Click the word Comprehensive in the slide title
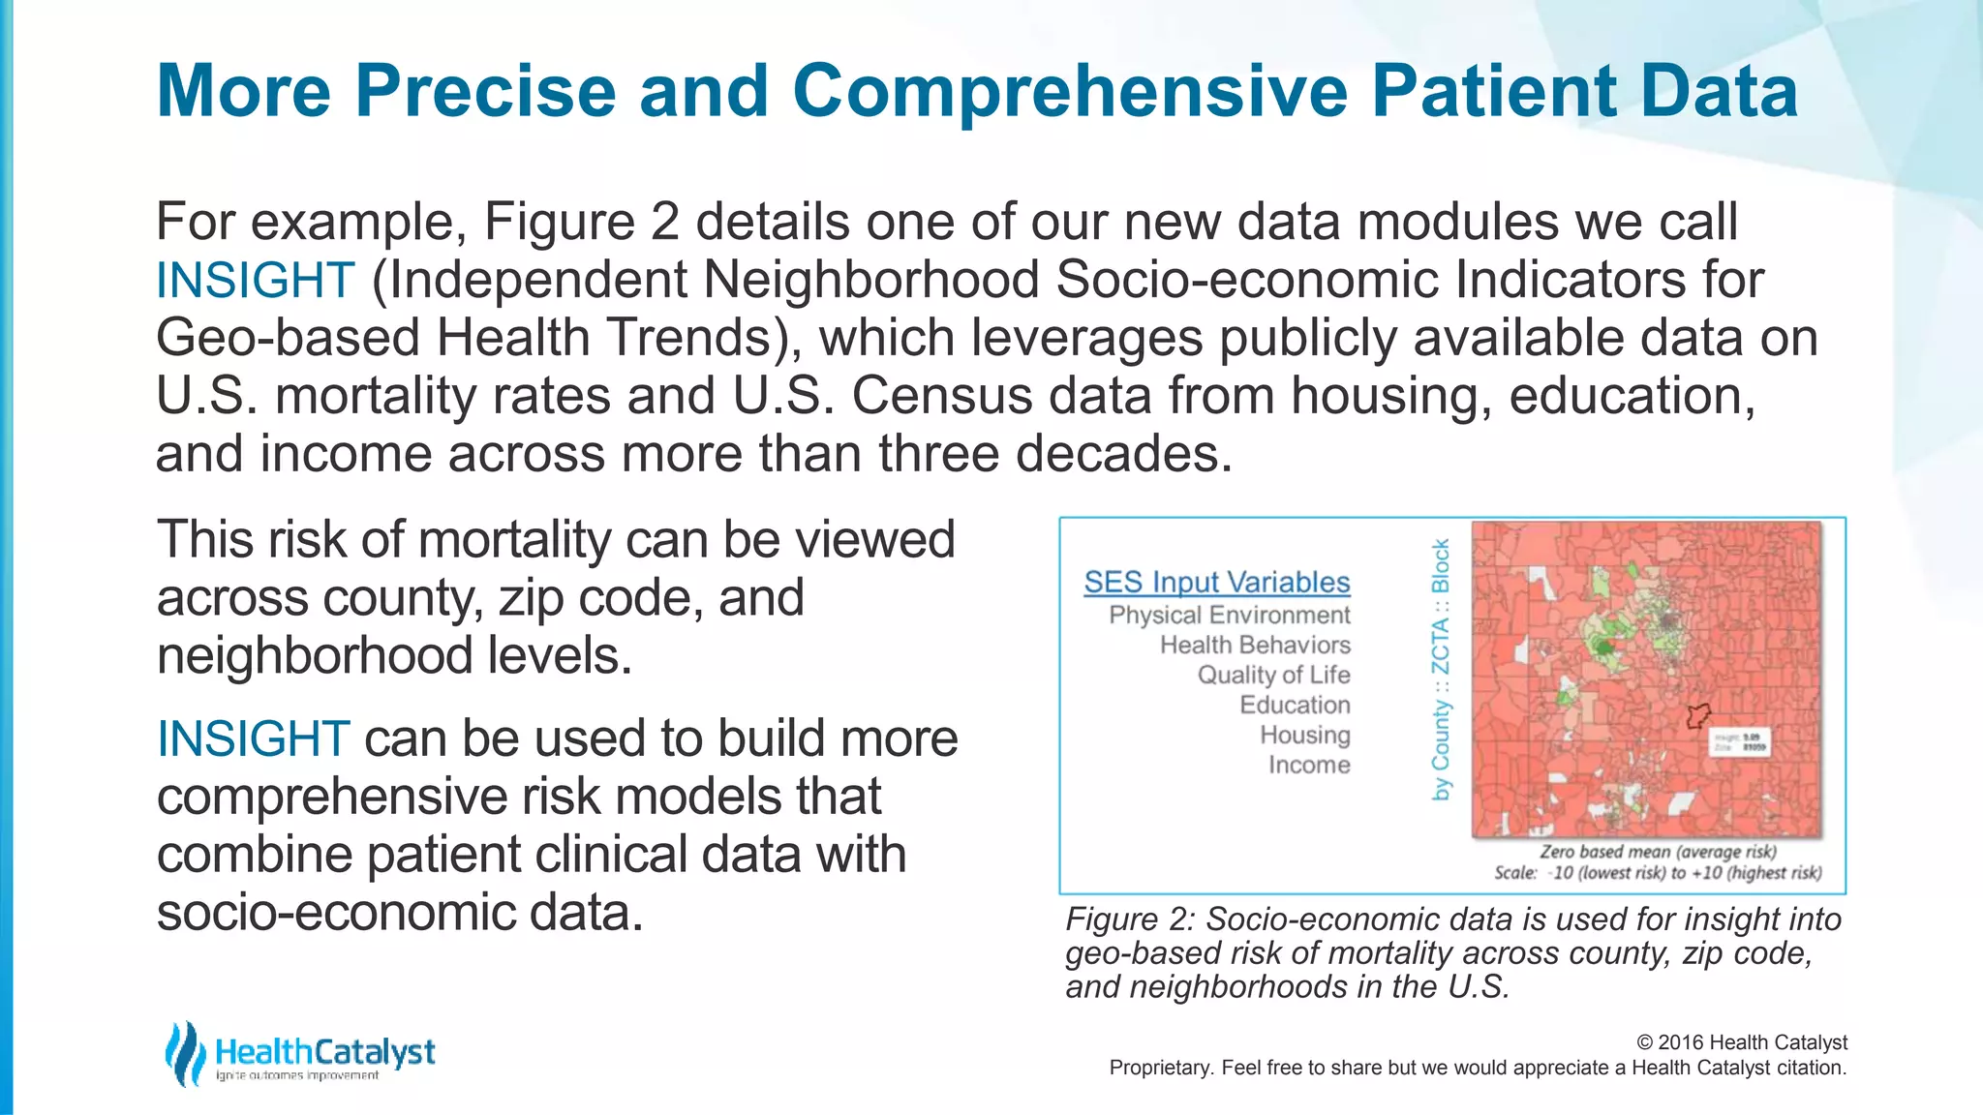pyautogui.click(x=1069, y=92)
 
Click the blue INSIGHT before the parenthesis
pyautogui.click(x=255, y=281)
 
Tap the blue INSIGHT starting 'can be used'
pyautogui.click(x=253, y=739)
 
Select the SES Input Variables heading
pyautogui.click(x=1216, y=583)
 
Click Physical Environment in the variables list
pyautogui.click(x=1229, y=616)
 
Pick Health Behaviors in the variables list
pyautogui.click(x=1254, y=646)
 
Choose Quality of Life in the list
pyautogui.click(x=1272, y=676)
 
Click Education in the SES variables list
pyautogui.click(x=1294, y=706)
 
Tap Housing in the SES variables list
pyautogui.click(x=1304, y=736)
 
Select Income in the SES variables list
pyautogui.click(x=1308, y=766)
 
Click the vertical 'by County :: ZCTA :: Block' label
pyautogui.click(x=1441, y=670)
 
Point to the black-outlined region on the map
pyautogui.click(x=1697, y=716)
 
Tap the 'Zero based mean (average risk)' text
pyautogui.click(x=1658, y=852)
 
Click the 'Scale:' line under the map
pyautogui.click(x=1657, y=873)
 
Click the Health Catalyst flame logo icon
pyautogui.click(x=184, y=1053)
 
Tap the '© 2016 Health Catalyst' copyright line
pyautogui.click(x=1741, y=1042)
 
